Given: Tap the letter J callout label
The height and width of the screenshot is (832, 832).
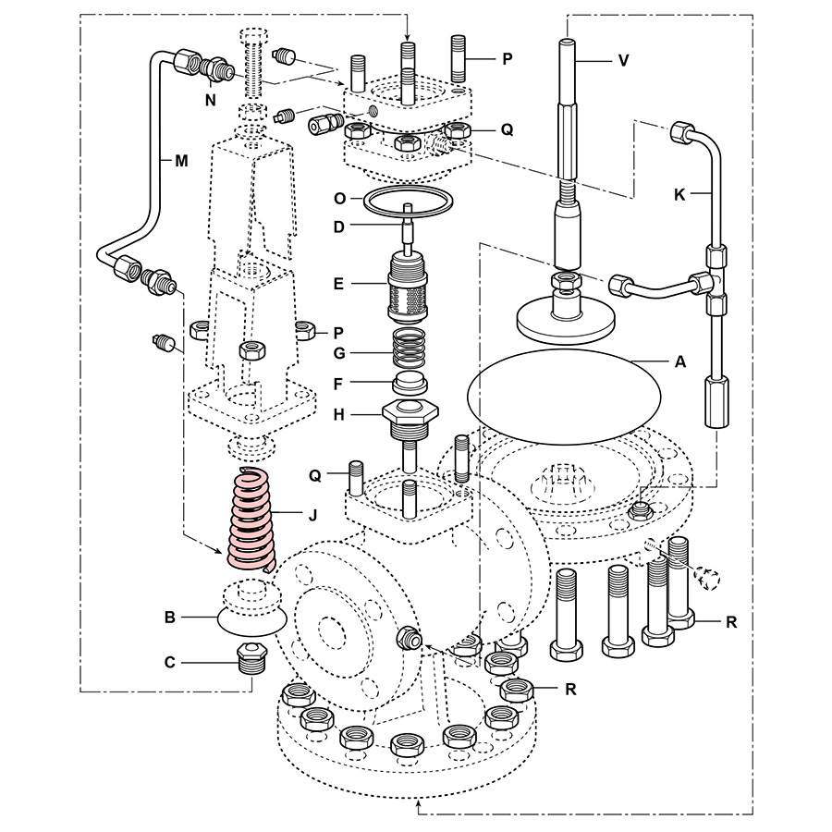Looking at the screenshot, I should click(312, 515).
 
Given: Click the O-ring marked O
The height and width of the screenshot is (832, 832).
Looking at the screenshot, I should click(408, 199).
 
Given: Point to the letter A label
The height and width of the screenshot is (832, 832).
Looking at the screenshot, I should click(680, 362).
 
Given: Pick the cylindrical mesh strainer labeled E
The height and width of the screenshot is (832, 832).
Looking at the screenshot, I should click(408, 285).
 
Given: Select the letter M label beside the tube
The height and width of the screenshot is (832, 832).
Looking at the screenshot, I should click(181, 159).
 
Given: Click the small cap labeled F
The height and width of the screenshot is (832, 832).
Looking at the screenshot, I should click(408, 382).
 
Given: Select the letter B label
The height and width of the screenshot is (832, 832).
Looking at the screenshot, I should click(169, 617).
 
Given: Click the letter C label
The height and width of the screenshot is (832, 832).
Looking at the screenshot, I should click(169, 662).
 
